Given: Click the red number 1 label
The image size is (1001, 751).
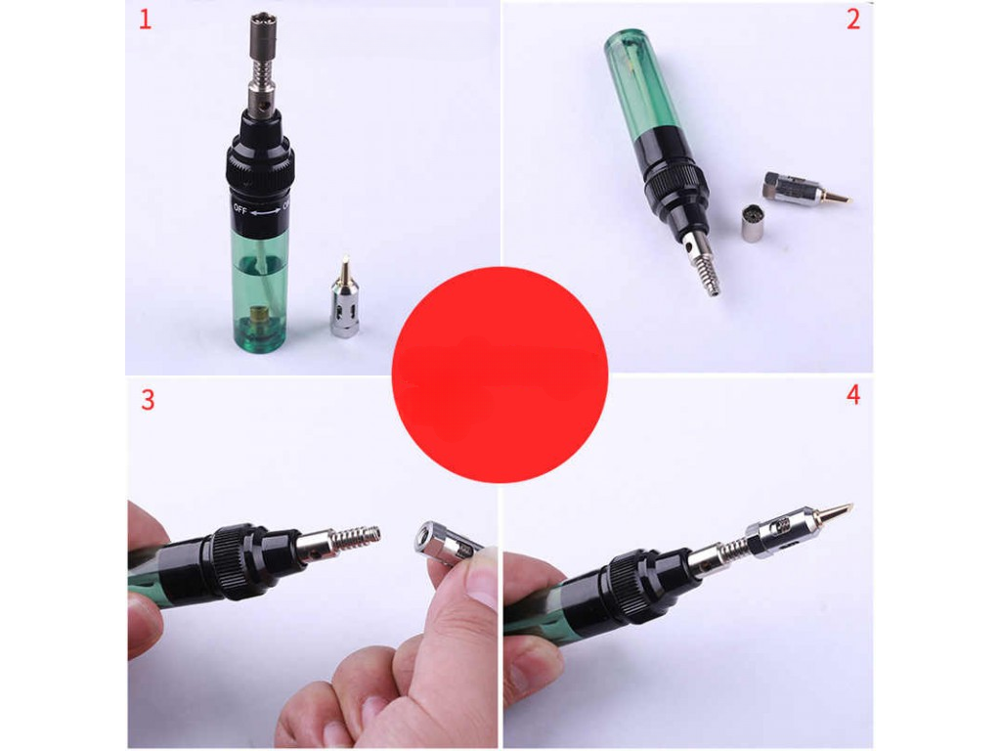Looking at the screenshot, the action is pyautogui.click(x=146, y=19).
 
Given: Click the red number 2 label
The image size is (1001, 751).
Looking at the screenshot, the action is pyautogui.click(x=853, y=19).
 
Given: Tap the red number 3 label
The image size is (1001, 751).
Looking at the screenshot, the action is pyautogui.click(x=148, y=400).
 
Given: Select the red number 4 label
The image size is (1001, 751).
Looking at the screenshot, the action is pyautogui.click(x=853, y=395).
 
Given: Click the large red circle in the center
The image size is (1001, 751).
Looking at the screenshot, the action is pyautogui.click(x=500, y=375).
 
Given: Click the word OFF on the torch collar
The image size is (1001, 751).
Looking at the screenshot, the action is pyautogui.click(x=240, y=208).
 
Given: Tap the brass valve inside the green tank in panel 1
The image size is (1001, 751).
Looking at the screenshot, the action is pyautogui.click(x=260, y=316).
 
